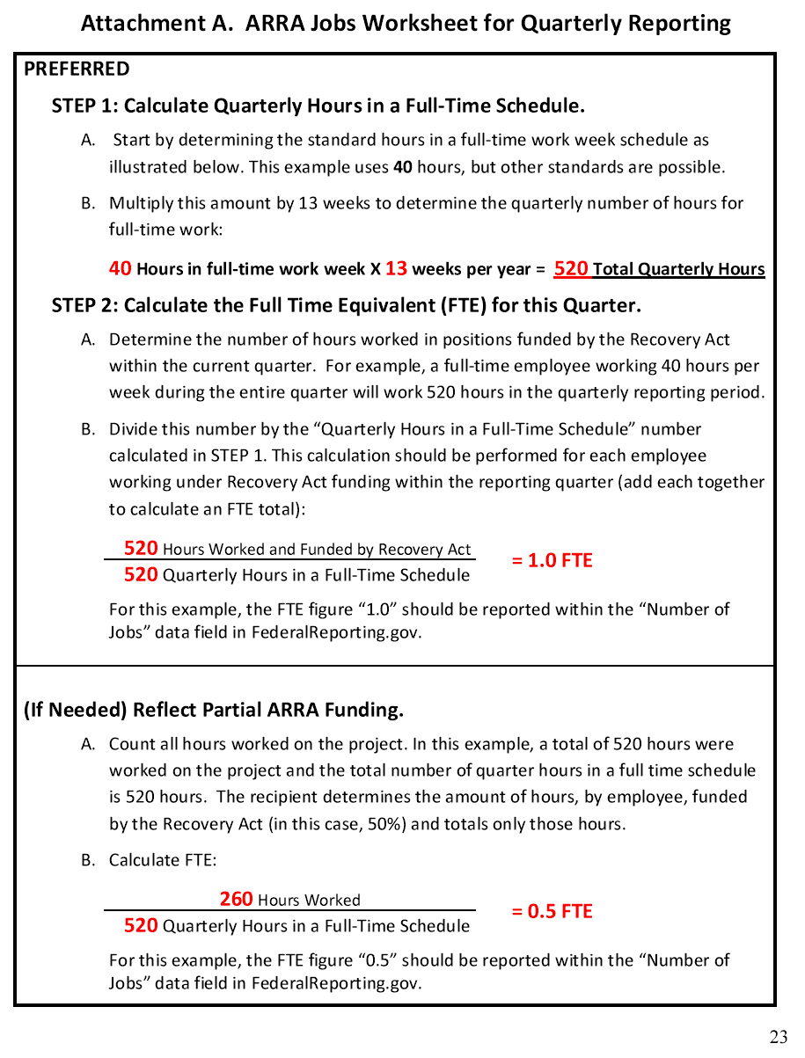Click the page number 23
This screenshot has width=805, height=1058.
(778, 1037)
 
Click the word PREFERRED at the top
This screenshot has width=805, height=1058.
(77, 69)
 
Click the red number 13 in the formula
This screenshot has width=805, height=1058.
(396, 269)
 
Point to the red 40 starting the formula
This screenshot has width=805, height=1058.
(121, 269)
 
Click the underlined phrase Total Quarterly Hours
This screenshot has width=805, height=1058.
(678, 270)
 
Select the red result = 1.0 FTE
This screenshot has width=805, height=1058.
(553, 561)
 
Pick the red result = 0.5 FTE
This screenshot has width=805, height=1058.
(553, 912)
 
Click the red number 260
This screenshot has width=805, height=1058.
(236, 900)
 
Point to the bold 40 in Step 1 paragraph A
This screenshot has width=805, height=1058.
(403, 167)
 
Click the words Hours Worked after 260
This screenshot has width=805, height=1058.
(309, 901)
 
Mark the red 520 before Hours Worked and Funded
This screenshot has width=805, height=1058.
(141, 549)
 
